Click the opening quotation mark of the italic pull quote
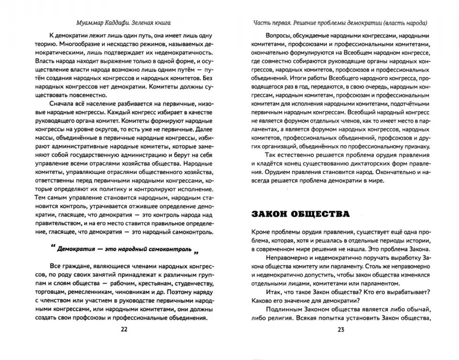(51, 248)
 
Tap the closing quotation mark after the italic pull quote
(196, 252)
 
